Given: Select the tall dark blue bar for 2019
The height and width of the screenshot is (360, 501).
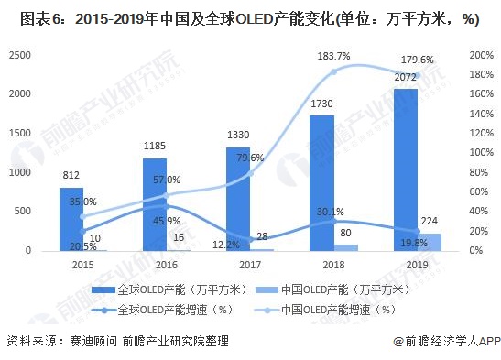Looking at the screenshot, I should click(x=406, y=169).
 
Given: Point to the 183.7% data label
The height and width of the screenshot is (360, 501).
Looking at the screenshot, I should click(x=334, y=57).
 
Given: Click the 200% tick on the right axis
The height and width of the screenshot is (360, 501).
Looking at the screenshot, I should click(x=481, y=55).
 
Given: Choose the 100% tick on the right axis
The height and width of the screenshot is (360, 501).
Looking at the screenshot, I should click(x=481, y=153).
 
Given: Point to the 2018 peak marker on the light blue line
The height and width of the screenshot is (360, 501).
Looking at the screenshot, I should click(x=334, y=71).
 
